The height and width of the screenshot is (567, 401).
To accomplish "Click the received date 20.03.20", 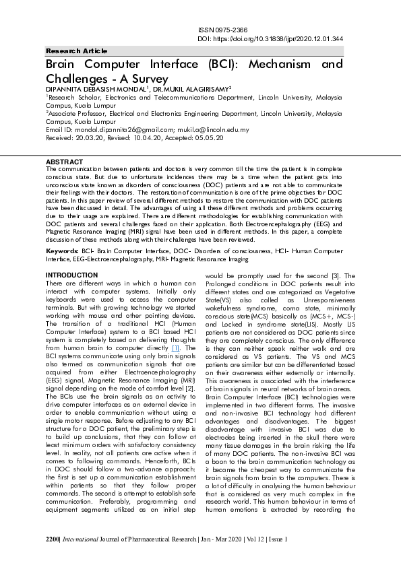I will (x=91, y=137).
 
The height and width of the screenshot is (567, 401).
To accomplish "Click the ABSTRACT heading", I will (x=64, y=162).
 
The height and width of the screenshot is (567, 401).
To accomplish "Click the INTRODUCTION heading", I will (x=72, y=275).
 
